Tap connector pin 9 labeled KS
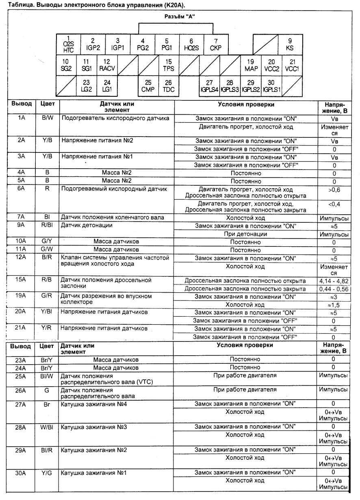(x=290, y=44)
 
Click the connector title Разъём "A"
(x=176, y=17)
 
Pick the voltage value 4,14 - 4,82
(x=334, y=280)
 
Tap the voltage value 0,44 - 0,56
(x=334, y=289)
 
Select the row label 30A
(x=22, y=472)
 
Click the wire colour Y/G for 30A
(x=47, y=472)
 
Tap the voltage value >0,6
(x=334, y=189)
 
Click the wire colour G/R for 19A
(x=47, y=296)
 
